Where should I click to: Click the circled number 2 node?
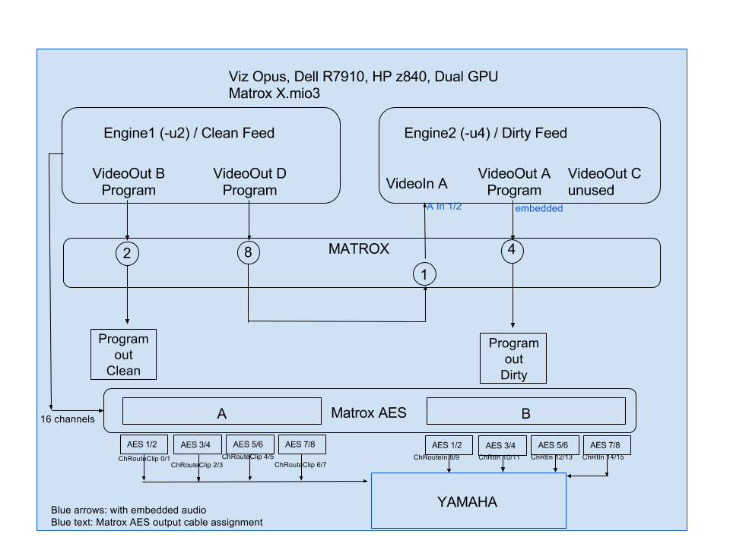127,253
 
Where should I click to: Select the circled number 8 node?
249,253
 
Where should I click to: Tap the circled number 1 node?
424,274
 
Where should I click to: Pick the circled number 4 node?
513,251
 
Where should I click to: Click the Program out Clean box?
123,354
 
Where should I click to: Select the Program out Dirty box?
513,359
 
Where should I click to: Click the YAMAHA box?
468,501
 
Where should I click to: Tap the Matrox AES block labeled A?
222,413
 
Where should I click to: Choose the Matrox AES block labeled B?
525,413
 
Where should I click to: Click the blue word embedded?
538,208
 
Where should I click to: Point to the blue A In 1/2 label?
444,207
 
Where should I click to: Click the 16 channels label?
68,419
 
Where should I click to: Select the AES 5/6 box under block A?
248,444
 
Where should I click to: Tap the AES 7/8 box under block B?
607,445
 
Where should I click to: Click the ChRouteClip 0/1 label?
144,458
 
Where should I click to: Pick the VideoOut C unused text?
604,182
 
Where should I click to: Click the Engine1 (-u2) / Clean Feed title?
189,134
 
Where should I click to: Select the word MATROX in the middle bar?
358,248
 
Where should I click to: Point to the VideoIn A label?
416,183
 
